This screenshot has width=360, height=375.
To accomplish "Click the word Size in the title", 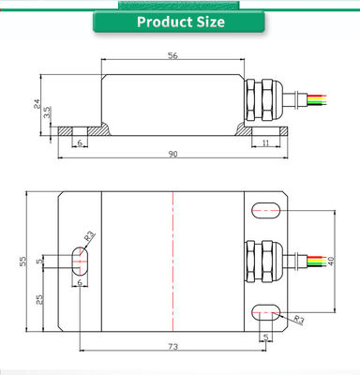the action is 211,22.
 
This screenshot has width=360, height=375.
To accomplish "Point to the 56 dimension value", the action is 172,55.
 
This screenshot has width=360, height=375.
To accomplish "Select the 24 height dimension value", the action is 37,104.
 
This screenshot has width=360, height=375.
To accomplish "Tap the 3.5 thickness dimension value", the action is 47,112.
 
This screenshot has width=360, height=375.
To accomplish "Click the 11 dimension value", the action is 265,143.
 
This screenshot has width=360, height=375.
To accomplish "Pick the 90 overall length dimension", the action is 172,154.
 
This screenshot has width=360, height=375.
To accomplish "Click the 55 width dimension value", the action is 23,261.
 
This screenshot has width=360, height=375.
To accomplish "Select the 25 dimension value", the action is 39,300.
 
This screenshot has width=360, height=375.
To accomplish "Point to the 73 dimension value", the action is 172,347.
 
